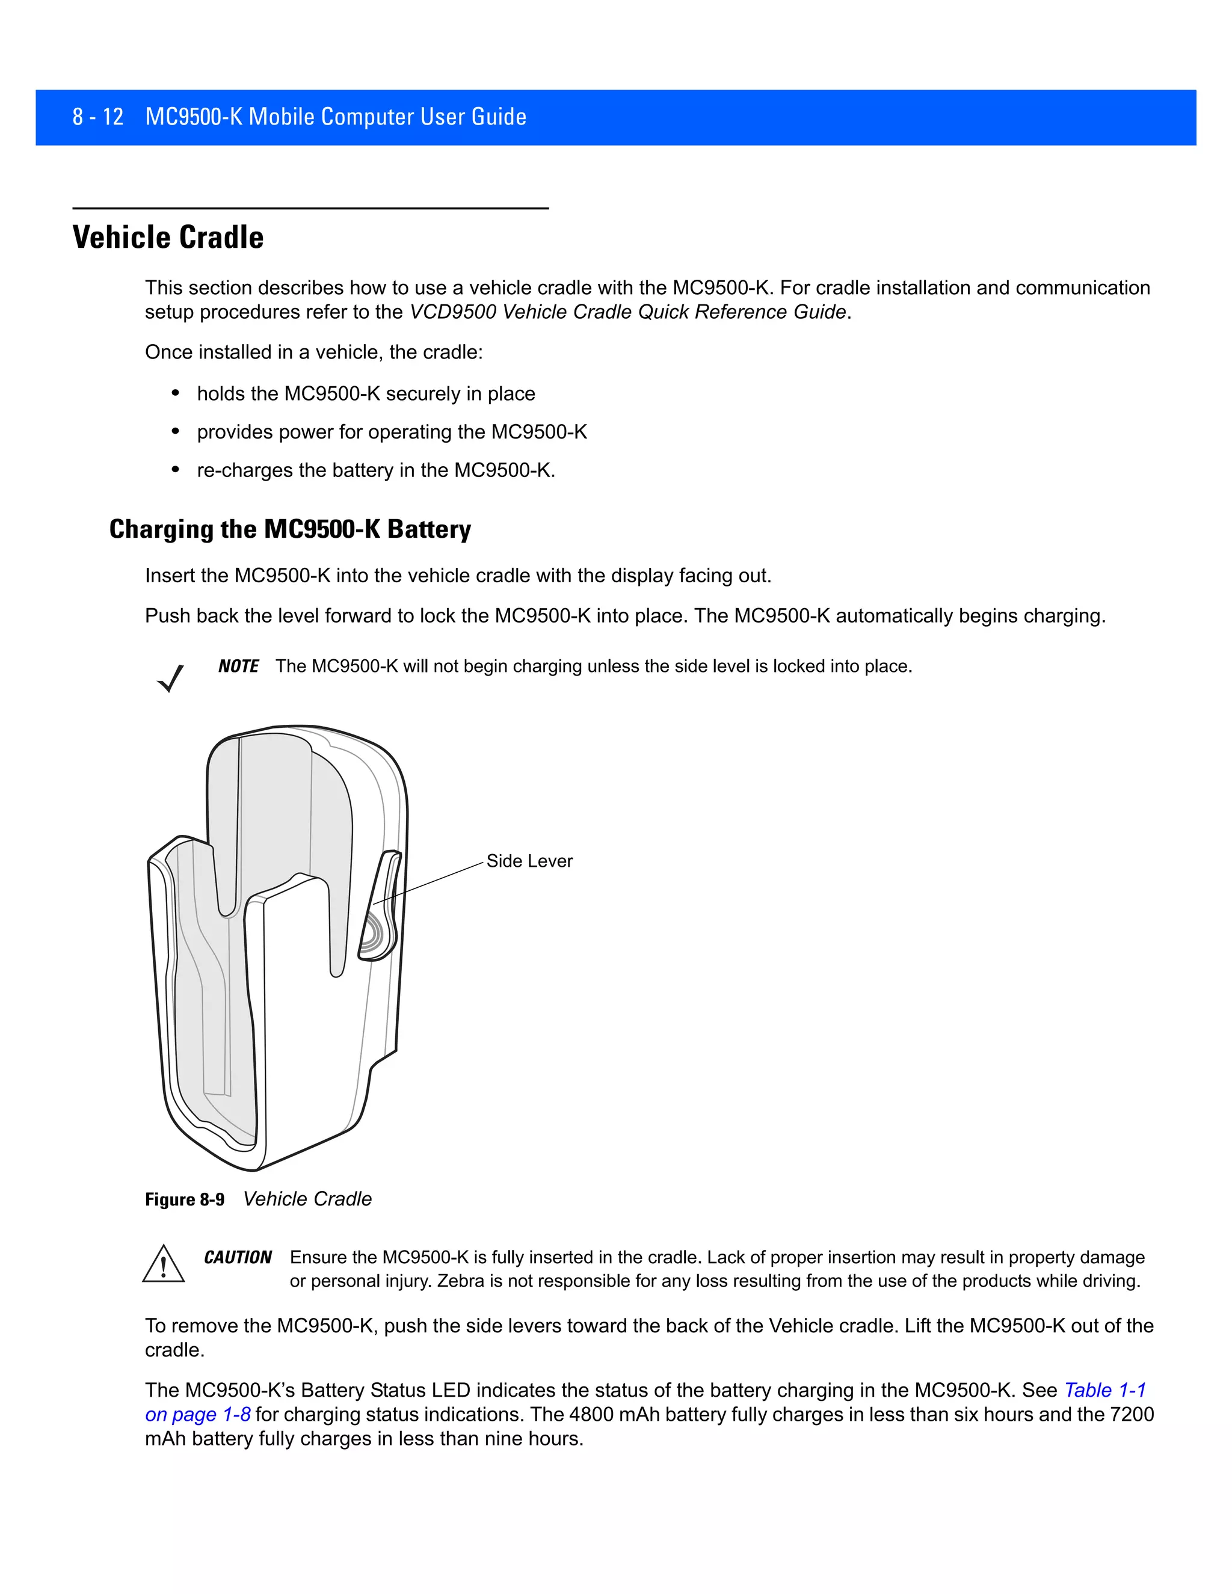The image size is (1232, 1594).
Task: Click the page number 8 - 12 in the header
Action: (x=98, y=117)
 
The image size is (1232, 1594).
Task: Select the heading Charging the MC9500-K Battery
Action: (x=290, y=529)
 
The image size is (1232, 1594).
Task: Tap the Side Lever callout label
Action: (x=529, y=861)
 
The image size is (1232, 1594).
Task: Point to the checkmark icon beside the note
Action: (x=170, y=678)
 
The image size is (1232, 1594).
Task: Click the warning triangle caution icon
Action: (x=164, y=1265)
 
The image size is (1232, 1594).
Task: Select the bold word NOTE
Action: (x=238, y=666)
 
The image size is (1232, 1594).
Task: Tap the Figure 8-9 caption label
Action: (x=185, y=1200)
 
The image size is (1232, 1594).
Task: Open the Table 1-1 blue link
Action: (x=1105, y=1390)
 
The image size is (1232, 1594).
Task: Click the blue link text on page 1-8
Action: (x=198, y=1415)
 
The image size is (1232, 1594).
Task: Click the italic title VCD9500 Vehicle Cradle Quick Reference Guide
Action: (x=627, y=312)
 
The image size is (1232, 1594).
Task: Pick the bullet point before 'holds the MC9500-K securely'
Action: (x=175, y=394)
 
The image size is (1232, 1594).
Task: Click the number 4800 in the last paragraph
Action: (x=591, y=1415)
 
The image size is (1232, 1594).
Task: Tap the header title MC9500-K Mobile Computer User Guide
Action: (x=336, y=117)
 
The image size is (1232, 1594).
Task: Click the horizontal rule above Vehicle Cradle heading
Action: (x=310, y=209)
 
